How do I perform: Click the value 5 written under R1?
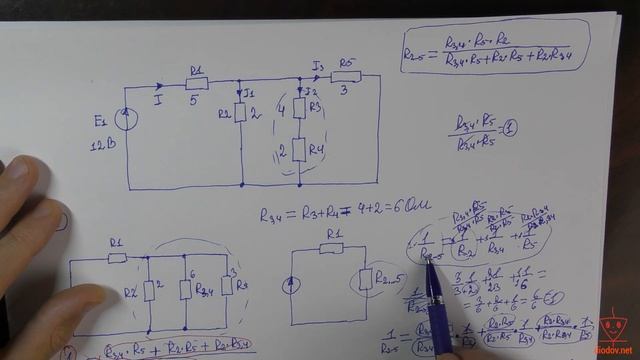pyautogui.click(x=195, y=100)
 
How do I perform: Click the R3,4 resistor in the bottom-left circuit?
pyautogui.click(x=185, y=289)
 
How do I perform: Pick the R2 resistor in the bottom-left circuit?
pyautogui.click(x=147, y=289)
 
